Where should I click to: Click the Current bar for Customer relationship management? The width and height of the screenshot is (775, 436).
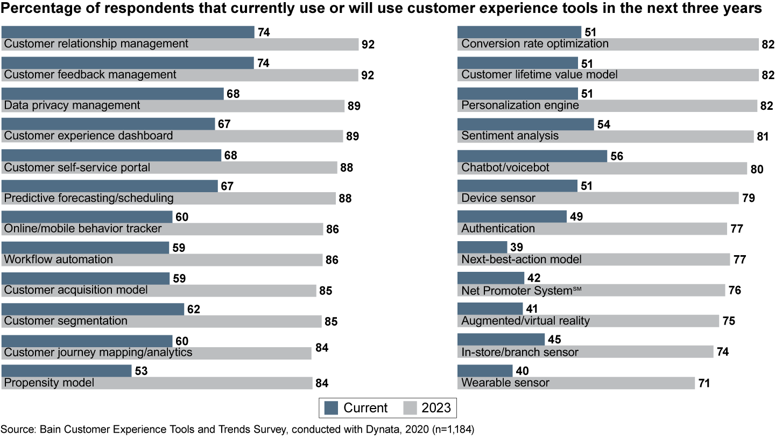tap(128, 32)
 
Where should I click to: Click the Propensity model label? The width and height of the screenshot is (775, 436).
tap(49, 383)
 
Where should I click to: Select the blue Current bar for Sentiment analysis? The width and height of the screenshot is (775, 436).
tap(525, 124)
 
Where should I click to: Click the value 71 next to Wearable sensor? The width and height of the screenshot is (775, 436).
tap(704, 383)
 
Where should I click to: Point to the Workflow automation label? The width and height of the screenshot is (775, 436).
tap(59, 259)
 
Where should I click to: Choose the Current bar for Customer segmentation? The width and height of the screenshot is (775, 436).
tap(93, 309)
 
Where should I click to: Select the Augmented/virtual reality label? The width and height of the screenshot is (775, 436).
tap(526, 321)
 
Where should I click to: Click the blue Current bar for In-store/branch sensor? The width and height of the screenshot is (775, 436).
tap(501, 339)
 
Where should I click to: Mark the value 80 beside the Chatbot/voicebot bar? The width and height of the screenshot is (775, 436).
tap(756, 168)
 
